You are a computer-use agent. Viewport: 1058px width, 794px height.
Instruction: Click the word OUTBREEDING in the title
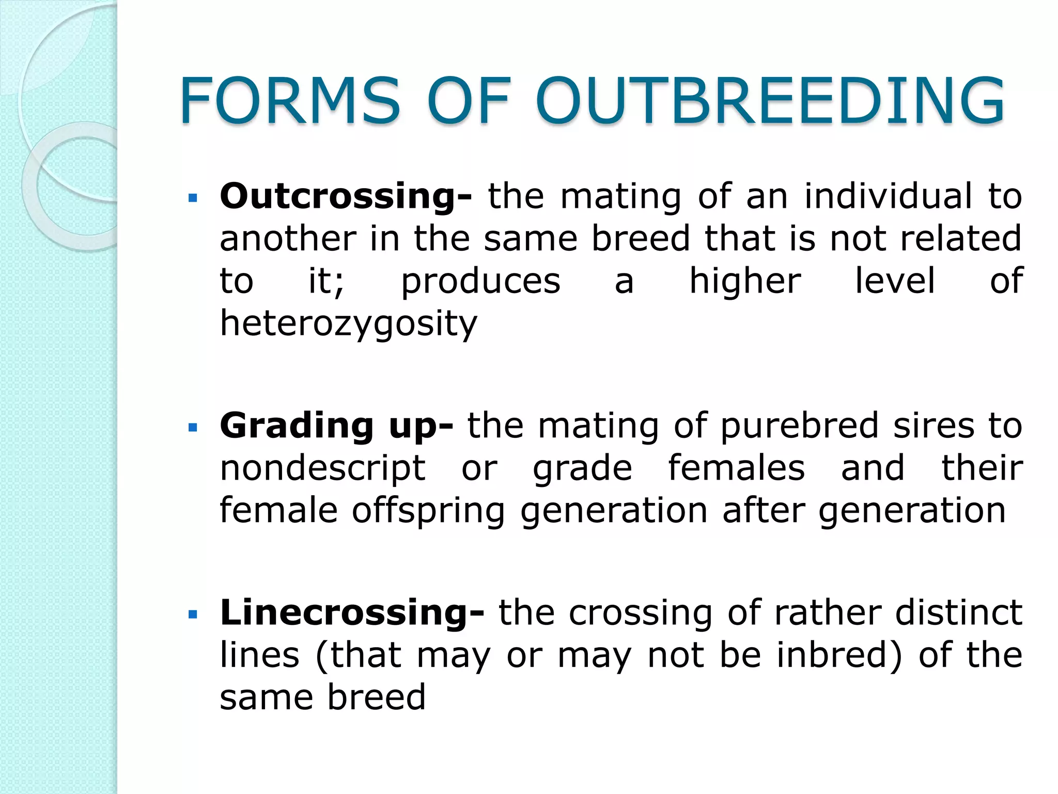pyautogui.click(x=770, y=101)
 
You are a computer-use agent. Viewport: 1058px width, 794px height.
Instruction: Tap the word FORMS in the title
pyautogui.click(x=290, y=101)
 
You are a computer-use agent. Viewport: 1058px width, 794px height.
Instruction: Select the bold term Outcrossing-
pyautogui.click(x=346, y=197)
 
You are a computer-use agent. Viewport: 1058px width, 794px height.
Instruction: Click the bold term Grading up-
pyautogui.click(x=336, y=426)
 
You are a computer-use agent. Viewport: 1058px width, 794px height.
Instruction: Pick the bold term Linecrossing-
pyautogui.click(x=352, y=613)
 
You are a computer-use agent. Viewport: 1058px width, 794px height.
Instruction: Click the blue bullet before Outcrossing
pyautogui.click(x=193, y=198)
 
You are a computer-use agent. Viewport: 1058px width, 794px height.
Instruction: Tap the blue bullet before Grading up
pyautogui.click(x=193, y=427)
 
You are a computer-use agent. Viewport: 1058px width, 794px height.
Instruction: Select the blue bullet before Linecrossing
pyautogui.click(x=193, y=615)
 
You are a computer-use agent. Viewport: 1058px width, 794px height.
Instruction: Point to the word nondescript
pyautogui.click(x=322, y=468)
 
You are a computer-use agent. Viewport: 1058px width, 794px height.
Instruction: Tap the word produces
pyautogui.click(x=480, y=282)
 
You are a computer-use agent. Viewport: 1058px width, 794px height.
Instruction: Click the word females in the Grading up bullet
pyautogui.click(x=736, y=468)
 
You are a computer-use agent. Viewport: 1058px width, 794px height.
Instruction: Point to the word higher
pyautogui.click(x=745, y=282)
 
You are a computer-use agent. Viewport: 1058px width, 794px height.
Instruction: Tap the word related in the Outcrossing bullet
pyautogui.click(x=960, y=239)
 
